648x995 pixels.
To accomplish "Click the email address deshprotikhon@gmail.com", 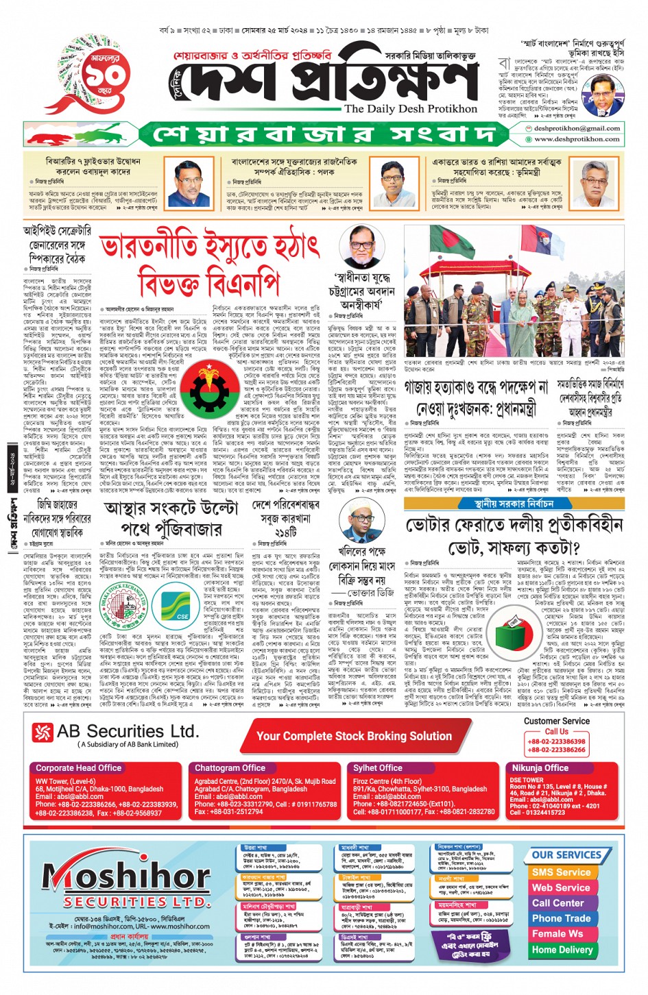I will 577,128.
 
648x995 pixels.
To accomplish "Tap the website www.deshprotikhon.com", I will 577,138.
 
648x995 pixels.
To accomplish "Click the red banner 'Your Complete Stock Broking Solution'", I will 354,736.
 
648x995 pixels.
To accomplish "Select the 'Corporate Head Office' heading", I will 78,768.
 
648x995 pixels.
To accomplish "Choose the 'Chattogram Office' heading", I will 230,768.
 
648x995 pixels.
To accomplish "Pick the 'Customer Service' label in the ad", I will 556,722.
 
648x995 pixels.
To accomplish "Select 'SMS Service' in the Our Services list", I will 561,872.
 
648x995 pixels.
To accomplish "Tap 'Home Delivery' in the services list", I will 562,950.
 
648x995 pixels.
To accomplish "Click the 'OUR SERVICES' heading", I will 566,855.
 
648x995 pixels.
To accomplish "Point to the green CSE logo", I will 182,606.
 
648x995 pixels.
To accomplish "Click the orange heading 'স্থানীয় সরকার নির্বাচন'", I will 514,504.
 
